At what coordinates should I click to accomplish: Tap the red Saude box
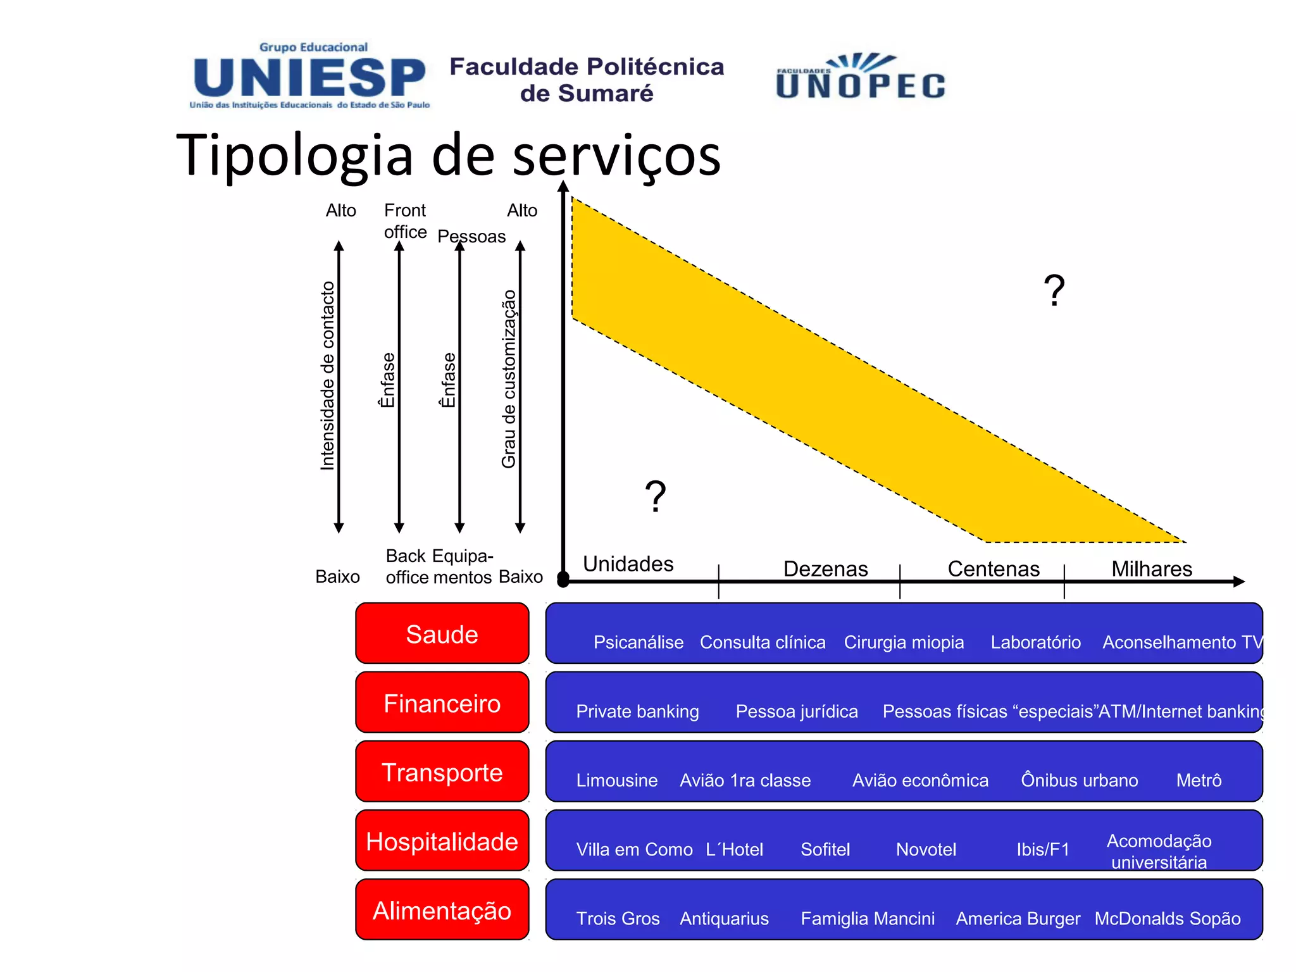[x=442, y=633]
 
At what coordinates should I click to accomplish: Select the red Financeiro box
[x=442, y=703]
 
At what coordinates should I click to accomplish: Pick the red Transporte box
[x=442, y=772]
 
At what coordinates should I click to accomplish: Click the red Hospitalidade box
[x=442, y=841]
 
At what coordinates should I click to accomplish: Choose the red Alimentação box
[x=442, y=910]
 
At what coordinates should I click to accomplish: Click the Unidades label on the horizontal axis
[x=628, y=563]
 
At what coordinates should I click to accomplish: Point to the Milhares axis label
[x=1152, y=568]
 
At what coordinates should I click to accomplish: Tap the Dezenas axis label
[x=825, y=568]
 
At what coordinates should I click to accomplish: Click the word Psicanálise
[x=638, y=642]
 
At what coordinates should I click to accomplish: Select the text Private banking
[x=637, y=711]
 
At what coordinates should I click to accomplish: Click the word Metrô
[x=1199, y=780]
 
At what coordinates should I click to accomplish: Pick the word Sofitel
[x=825, y=849]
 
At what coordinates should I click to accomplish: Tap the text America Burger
[x=1018, y=918]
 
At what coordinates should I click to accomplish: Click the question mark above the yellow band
[x=1054, y=290]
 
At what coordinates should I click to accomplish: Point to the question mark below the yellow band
[x=655, y=496]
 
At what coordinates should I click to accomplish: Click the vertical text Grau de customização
[x=509, y=378]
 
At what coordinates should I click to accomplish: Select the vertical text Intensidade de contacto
[x=327, y=375]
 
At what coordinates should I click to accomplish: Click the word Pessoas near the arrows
[x=471, y=237]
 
